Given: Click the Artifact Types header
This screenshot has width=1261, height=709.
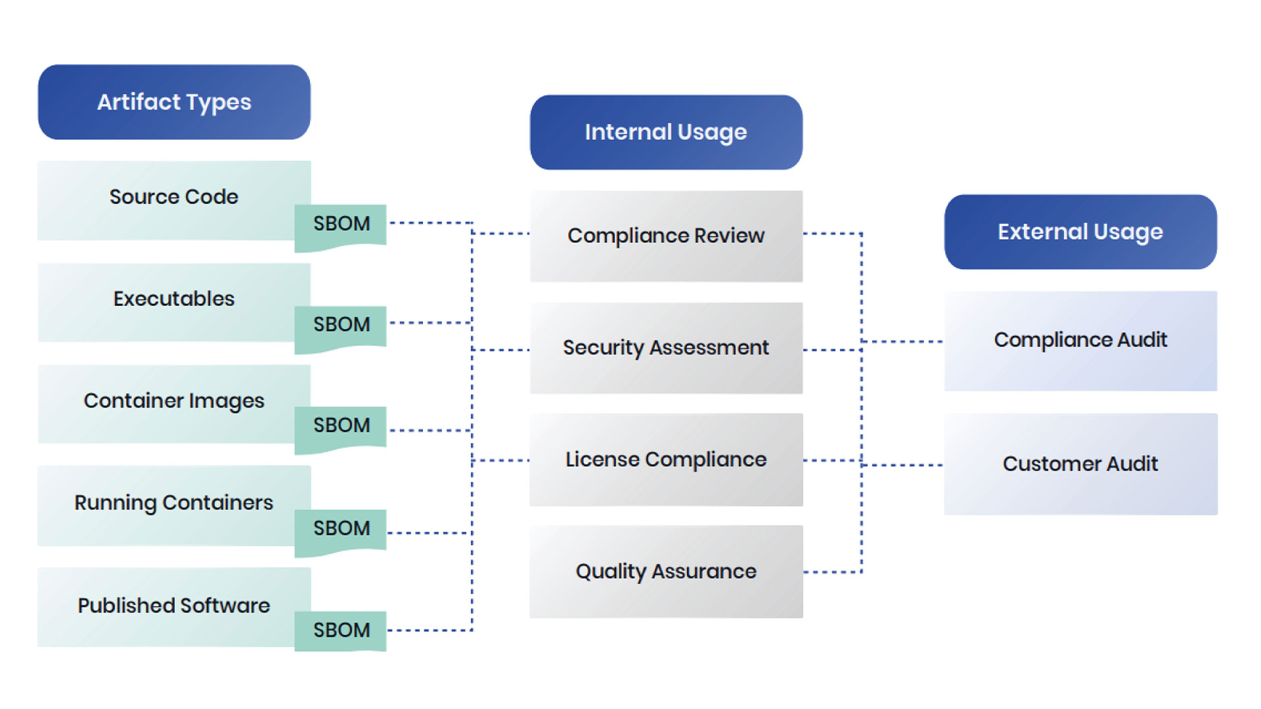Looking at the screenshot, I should click(174, 102).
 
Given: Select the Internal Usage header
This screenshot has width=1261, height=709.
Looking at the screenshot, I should click(666, 132).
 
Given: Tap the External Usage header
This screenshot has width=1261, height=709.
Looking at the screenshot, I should click(1080, 232).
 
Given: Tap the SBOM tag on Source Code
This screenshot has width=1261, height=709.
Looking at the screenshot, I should click(341, 225).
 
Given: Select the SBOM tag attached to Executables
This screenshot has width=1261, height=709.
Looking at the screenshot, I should click(341, 325).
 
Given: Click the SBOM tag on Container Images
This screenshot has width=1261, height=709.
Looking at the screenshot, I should click(341, 426).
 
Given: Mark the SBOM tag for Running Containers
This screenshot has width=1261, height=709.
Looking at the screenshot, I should click(341, 529).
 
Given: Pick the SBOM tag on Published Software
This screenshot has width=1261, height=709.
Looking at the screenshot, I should click(341, 630).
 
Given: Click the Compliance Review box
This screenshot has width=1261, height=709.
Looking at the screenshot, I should click(666, 236).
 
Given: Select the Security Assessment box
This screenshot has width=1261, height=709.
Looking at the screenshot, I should click(666, 348).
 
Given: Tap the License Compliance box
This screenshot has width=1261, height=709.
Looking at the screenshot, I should click(666, 460).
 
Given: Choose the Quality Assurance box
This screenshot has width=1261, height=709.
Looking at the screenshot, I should click(666, 572).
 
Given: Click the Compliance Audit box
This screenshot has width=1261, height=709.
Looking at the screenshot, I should click(1080, 341).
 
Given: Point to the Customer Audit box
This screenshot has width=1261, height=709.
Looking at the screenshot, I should click(1080, 464).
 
